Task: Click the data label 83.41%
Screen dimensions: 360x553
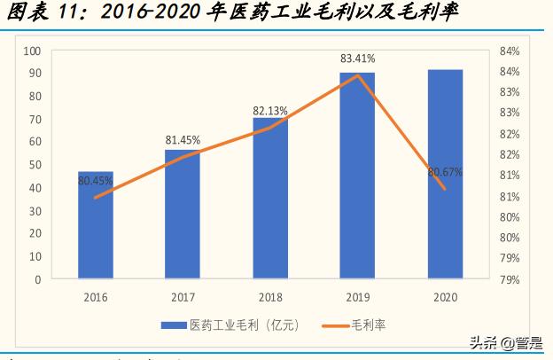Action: pos(357,59)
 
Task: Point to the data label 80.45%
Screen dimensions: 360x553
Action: pos(96,181)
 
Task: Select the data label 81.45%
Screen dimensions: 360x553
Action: pos(183,140)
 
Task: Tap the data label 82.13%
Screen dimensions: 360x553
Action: pos(270,110)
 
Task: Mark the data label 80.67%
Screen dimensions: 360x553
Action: pos(445,171)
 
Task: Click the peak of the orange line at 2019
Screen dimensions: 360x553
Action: pos(358,75)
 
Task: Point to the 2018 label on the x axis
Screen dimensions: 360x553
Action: pos(270,297)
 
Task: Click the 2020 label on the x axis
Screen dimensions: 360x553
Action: pos(445,297)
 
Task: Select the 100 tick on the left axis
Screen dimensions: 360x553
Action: pos(34,51)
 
